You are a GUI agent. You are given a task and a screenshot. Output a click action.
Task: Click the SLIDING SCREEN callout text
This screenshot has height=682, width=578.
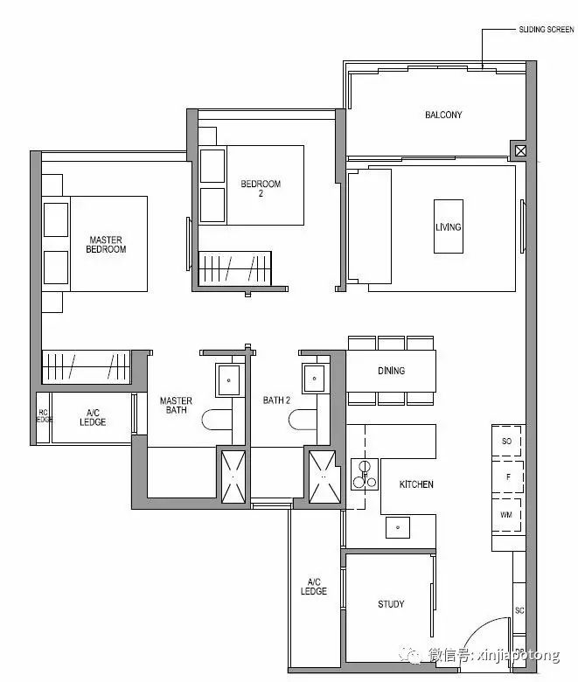(547, 30)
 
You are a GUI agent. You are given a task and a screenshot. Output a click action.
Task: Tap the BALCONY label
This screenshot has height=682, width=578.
(443, 115)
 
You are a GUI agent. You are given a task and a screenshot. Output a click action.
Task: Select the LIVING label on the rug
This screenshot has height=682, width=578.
(448, 226)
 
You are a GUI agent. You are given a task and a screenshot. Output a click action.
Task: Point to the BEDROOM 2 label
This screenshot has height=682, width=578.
(261, 188)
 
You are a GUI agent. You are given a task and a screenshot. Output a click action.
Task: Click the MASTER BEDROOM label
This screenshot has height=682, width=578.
(106, 245)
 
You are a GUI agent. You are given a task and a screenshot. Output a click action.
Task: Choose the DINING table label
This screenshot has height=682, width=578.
(391, 371)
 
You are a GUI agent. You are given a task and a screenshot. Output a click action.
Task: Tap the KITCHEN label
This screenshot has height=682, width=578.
(416, 484)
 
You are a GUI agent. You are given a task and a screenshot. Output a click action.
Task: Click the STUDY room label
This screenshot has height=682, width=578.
(391, 603)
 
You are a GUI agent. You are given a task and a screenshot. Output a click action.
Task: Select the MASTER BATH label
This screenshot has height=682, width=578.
(176, 406)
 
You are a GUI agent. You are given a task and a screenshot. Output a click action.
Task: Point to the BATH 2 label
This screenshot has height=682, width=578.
(276, 400)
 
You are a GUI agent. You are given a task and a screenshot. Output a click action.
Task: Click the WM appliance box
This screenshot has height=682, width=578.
(506, 515)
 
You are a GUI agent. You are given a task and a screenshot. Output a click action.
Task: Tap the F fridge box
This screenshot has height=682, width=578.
(507, 477)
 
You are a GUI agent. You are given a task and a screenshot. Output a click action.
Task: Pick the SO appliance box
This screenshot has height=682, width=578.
(506, 441)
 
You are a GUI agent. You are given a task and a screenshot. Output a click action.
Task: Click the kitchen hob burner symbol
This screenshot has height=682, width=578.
(365, 474)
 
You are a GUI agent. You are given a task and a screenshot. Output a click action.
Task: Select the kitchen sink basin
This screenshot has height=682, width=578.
(398, 527)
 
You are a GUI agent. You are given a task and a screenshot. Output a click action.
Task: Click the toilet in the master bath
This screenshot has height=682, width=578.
(217, 421)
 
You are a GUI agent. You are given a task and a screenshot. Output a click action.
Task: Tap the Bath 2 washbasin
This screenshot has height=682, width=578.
(314, 379)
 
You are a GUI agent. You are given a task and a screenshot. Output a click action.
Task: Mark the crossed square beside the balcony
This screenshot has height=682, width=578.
(520, 151)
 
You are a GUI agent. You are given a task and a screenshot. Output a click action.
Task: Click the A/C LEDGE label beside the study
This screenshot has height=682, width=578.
(314, 587)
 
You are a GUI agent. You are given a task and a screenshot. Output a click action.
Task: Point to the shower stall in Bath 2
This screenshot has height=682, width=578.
(324, 477)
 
